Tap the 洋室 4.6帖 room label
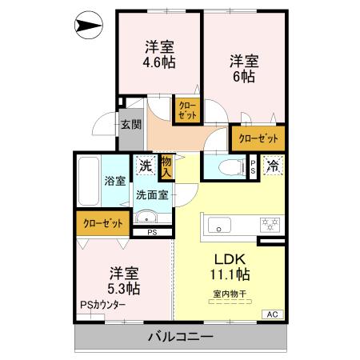coord(159,54)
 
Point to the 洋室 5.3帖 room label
coord(125,280)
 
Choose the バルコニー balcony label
coord(180,337)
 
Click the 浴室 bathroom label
coord(114,181)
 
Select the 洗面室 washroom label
coord(151,194)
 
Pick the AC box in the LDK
coord(271,314)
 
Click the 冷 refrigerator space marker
coord(273,166)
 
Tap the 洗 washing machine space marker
coord(145,166)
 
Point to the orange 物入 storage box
coord(166,166)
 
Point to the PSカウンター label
coord(102,305)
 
